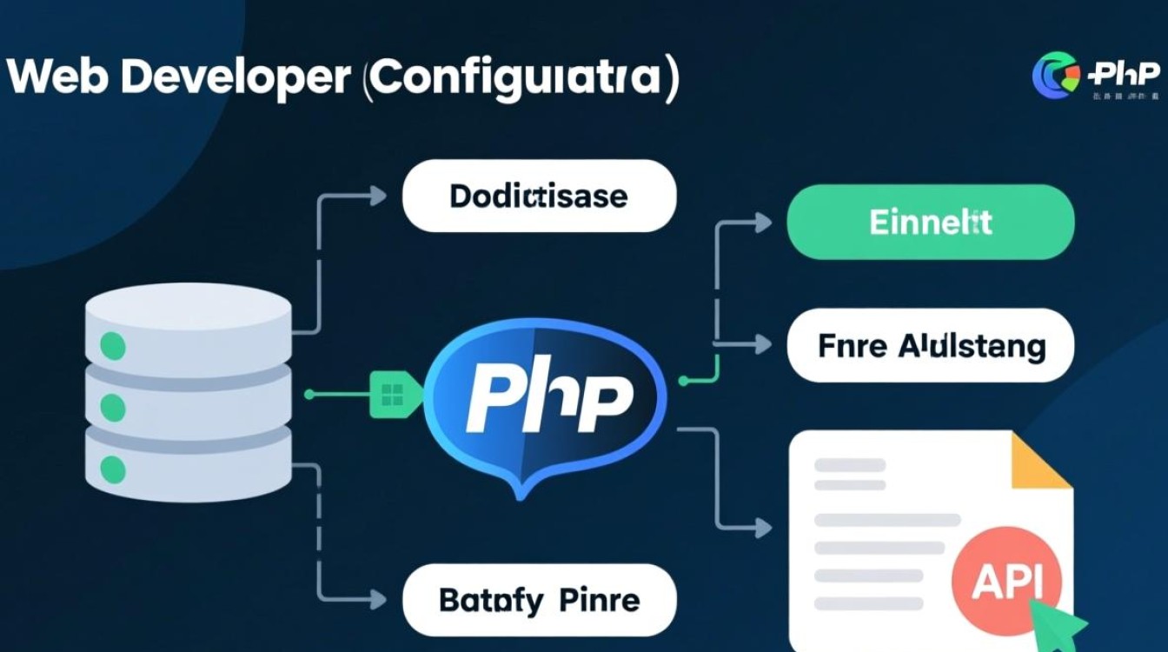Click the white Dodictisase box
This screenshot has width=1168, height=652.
[x=539, y=196]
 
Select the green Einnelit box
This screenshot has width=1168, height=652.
[x=930, y=222]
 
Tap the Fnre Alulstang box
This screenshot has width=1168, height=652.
[x=930, y=346]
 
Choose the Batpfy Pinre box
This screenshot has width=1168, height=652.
[x=539, y=600]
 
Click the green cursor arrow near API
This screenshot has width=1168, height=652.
[x=1065, y=619]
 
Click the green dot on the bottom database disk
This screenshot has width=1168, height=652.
[x=113, y=469]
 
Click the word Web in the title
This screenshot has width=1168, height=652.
[x=56, y=78]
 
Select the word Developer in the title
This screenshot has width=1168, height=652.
[x=235, y=78]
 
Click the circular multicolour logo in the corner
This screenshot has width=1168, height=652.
[x=1054, y=75]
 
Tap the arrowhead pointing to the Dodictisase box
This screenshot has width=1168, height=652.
[x=379, y=196]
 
